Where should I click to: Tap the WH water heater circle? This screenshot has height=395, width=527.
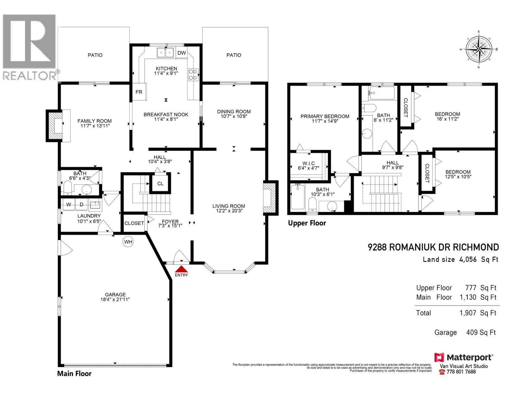pyautogui.click(x=128, y=242)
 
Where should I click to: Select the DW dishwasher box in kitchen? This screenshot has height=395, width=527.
pyautogui.click(x=181, y=53)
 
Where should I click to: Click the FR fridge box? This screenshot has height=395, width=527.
pyautogui.click(x=139, y=92)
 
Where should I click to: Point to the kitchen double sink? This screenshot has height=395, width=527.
pyautogui.click(x=165, y=53)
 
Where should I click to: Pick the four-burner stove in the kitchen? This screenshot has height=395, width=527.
pyautogui.click(x=193, y=74)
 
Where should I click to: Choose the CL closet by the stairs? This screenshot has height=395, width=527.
pyautogui.click(x=160, y=183)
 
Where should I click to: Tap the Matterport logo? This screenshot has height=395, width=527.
pyautogui.click(x=463, y=357)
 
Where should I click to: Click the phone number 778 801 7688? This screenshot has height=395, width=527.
pyautogui.click(x=461, y=372)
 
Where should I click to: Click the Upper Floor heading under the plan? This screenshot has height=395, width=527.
pyautogui.click(x=307, y=223)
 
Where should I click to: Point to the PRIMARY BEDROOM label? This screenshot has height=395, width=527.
pyautogui.click(x=325, y=116)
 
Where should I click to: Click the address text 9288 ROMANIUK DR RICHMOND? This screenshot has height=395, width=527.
pyautogui.click(x=433, y=247)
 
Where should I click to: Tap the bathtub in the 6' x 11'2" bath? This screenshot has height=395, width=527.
pyautogui.click(x=382, y=93)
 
